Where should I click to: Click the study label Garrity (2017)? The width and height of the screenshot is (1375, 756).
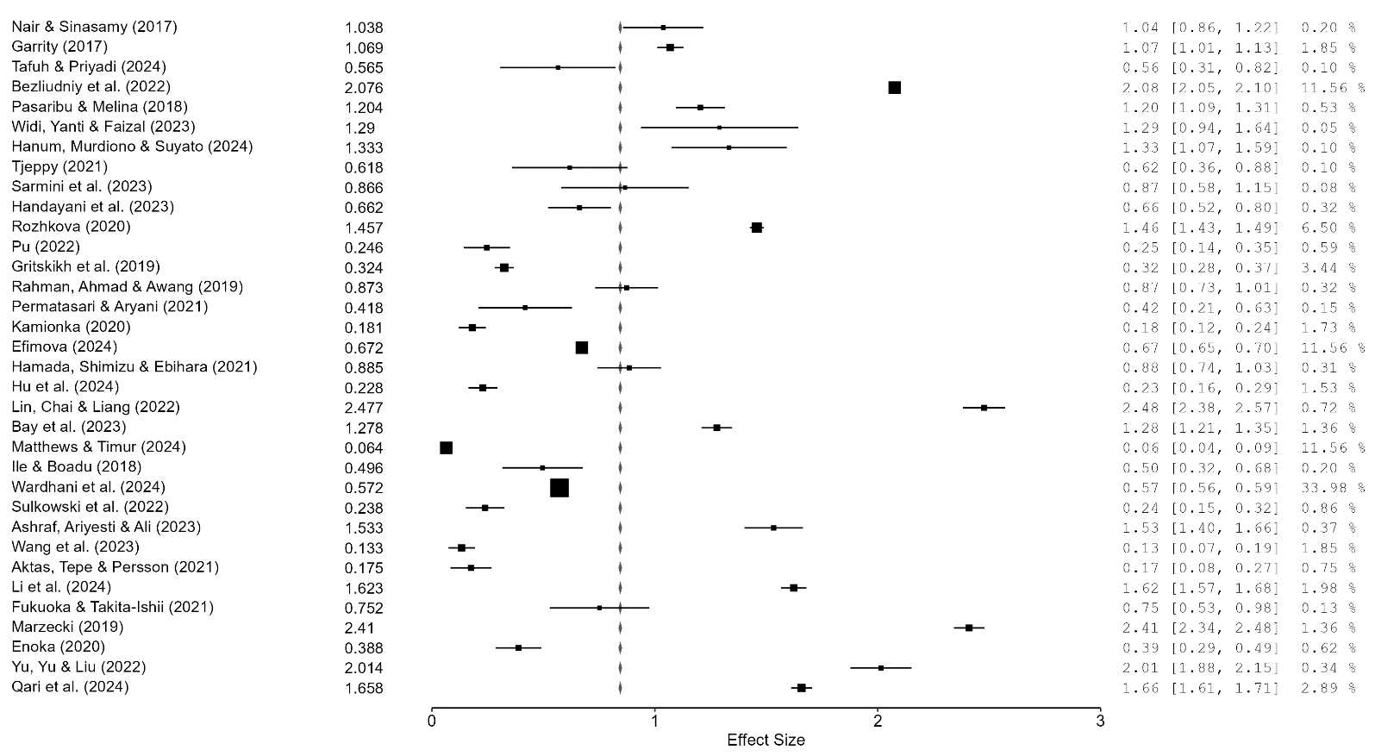pyautogui.click(x=59, y=47)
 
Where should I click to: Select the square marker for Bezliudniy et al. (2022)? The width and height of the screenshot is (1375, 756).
pyautogui.click(x=894, y=87)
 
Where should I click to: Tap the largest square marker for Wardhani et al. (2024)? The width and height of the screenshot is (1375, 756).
pyautogui.click(x=559, y=488)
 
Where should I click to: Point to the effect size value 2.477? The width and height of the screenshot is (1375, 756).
pyautogui.click(x=364, y=408)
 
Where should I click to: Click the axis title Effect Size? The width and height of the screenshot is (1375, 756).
pyautogui.click(x=766, y=740)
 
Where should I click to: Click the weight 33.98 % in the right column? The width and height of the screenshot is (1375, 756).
pyautogui.click(x=1333, y=488)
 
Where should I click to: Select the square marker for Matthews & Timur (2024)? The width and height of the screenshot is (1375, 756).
pyautogui.click(x=446, y=447)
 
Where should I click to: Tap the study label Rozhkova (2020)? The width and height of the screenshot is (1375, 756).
pyautogui.click(x=71, y=227)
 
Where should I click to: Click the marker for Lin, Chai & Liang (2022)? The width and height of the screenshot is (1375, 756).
pyautogui.click(x=984, y=408)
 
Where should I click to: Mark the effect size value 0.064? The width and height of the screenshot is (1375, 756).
pyautogui.click(x=364, y=448)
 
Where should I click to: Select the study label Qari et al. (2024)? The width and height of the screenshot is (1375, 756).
pyautogui.click(x=70, y=687)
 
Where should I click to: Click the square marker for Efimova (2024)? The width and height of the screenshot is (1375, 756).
pyautogui.click(x=582, y=347)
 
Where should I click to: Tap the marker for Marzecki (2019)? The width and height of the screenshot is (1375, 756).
pyautogui.click(x=969, y=628)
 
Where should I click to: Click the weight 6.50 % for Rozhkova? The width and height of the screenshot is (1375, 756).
pyautogui.click(x=1333, y=228)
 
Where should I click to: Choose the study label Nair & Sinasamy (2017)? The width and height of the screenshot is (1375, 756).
pyautogui.click(x=94, y=27)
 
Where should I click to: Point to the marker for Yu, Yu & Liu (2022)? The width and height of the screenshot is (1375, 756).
pyautogui.click(x=881, y=668)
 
